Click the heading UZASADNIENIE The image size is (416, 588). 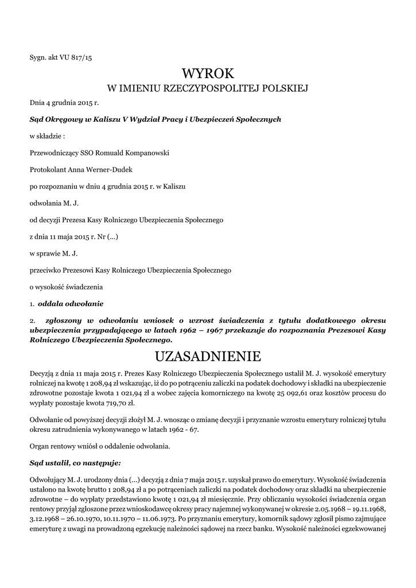tap(208, 356)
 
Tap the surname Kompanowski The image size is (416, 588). tap(141, 153)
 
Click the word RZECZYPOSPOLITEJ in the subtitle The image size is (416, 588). tap(197, 88)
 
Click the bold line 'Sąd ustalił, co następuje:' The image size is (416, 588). tap(76, 462)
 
